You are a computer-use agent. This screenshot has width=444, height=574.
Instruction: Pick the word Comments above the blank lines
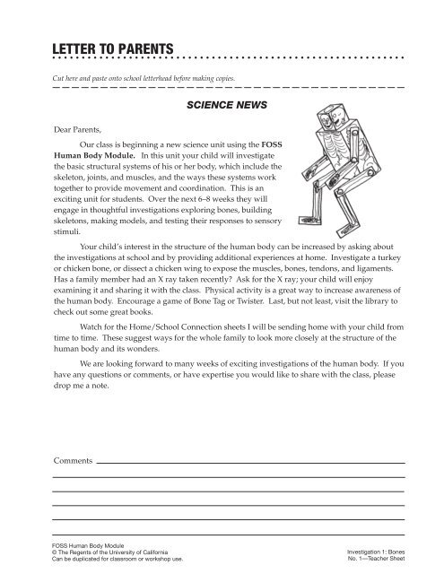point(73,460)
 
